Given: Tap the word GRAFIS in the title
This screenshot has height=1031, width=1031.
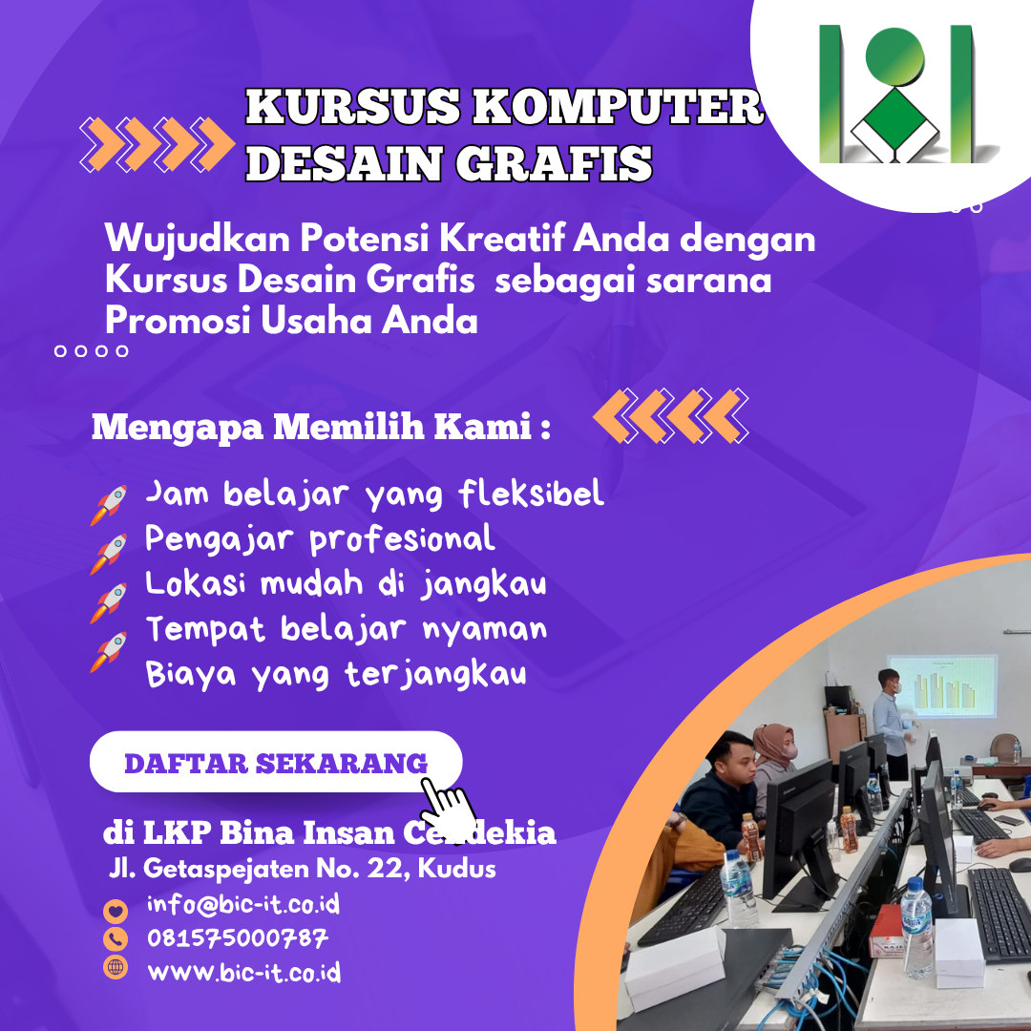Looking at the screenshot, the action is [554, 163].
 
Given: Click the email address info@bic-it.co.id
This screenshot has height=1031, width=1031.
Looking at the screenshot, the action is [243, 905].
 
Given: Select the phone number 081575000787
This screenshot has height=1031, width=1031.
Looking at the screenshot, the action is [238, 938].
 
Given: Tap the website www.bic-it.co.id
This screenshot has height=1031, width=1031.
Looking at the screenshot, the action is [244, 972].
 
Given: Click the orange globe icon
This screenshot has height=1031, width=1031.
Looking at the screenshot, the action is [116, 967].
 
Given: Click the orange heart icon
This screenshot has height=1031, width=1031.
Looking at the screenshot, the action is [116, 912].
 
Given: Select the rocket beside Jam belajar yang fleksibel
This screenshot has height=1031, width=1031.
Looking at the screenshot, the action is [109, 505].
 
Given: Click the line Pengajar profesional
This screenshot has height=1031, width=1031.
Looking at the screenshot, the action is [320, 539].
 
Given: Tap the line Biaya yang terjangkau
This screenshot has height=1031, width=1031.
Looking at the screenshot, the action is [336, 674].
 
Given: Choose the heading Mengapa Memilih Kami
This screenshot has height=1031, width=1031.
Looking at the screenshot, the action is [321, 427].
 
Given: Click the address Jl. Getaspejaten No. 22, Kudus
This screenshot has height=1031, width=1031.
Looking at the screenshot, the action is [303, 869].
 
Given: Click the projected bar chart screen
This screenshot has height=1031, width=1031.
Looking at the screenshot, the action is [941, 685].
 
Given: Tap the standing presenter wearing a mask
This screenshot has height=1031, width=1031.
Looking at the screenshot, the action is [893, 723].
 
